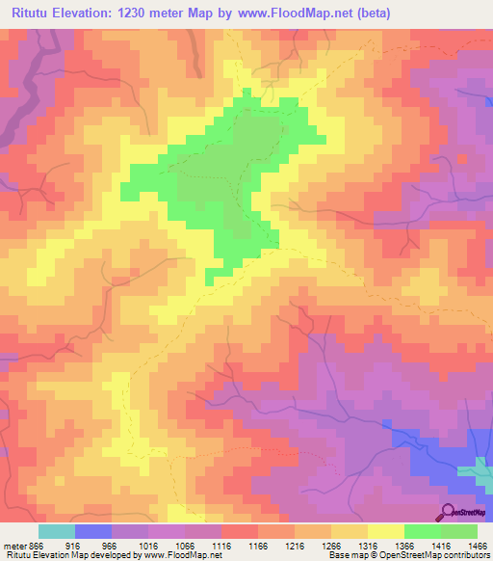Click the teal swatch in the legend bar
pyautogui.click(x=57, y=531)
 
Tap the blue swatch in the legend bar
pyautogui.click(x=93, y=531)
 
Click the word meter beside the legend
pyautogui.click(x=14, y=545)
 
